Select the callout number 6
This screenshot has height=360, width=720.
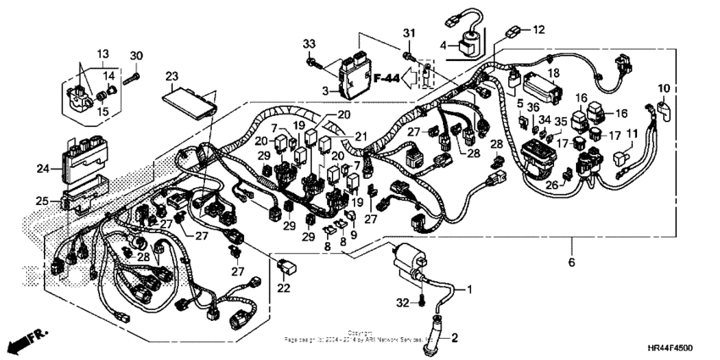tap(571, 263)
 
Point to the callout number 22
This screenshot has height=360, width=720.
tap(283, 289)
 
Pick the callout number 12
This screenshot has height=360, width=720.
tap(539, 30)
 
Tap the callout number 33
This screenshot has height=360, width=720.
tap(309, 43)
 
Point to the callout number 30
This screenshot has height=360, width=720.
tap(136, 56)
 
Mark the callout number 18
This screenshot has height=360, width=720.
tap(554, 74)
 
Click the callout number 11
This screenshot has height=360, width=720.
tap(631, 134)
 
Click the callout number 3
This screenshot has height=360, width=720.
tap(324, 90)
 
